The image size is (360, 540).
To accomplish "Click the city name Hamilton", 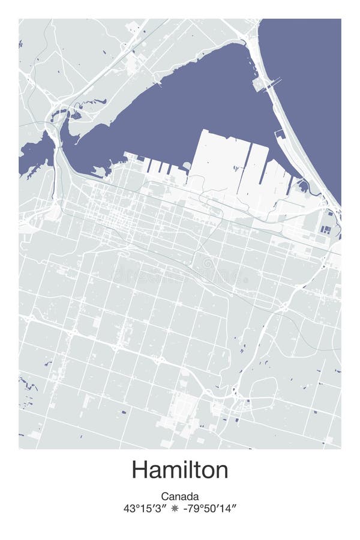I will pos(180,469).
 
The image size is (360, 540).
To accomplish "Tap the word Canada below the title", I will pos(180,496).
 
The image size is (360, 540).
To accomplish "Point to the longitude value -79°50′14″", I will pos(209,508).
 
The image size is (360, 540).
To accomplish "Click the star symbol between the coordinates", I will pos(175,508).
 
